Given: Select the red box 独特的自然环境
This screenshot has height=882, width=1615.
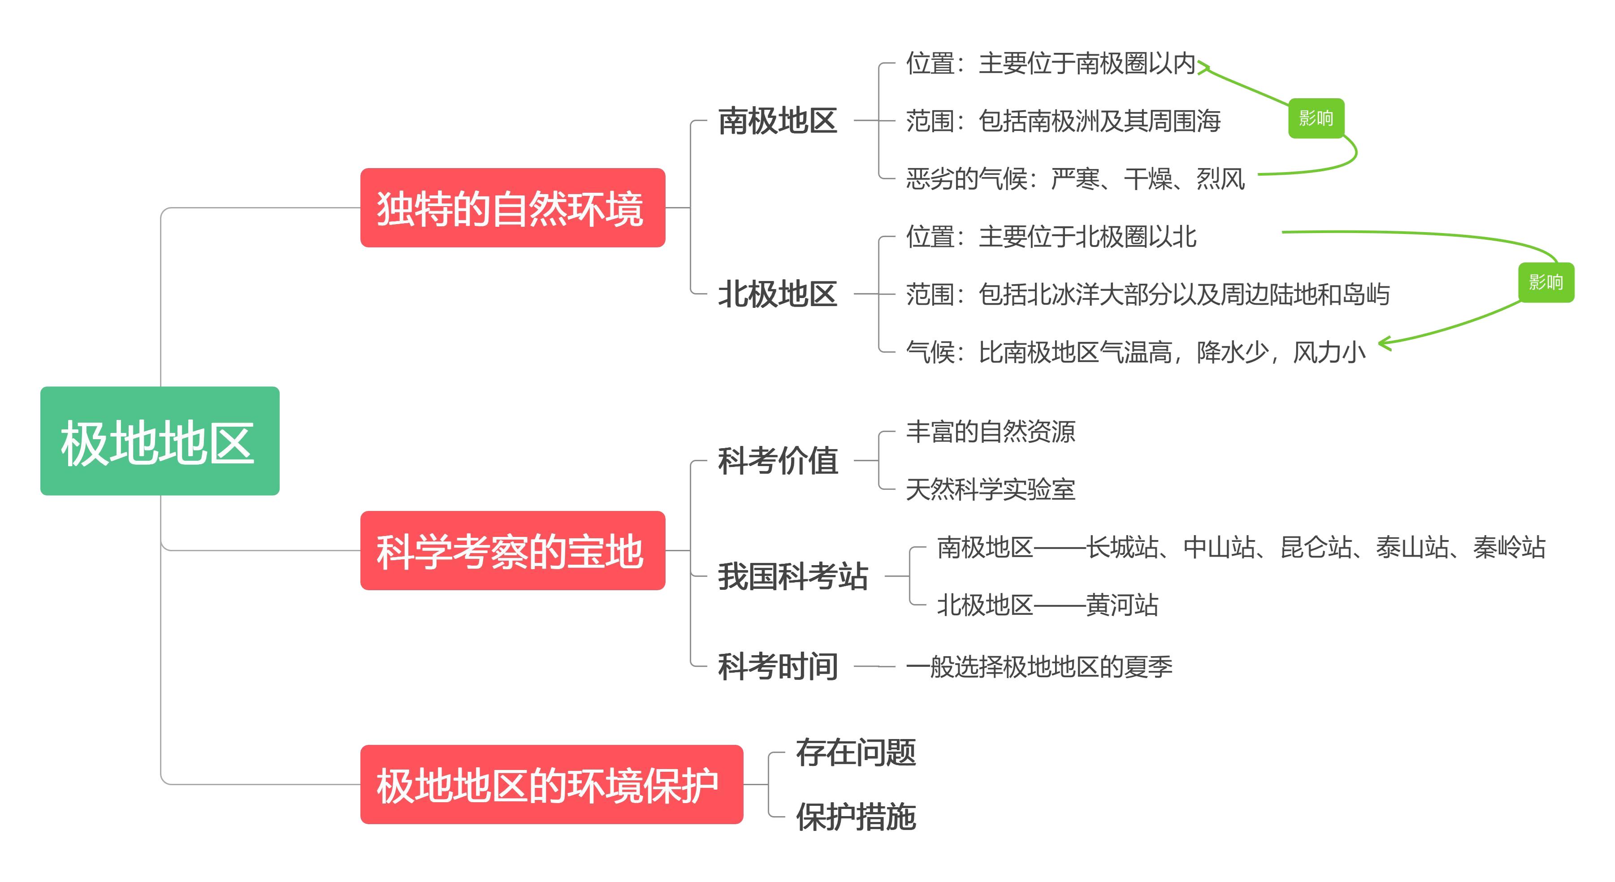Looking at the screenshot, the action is (x=513, y=208).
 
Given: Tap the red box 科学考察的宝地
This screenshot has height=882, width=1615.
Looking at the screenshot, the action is (x=513, y=550).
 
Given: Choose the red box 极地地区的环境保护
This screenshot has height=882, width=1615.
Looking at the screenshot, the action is (x=552, y=784).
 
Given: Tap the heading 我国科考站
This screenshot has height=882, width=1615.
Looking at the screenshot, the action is (x=792, y=576).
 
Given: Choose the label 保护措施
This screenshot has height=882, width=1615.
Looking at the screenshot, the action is (x=856, y=817).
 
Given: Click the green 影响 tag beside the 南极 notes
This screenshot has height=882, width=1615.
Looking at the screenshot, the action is (x=1316, y=118).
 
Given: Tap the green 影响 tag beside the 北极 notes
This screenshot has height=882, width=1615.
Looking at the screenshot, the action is (x=1546, y=282).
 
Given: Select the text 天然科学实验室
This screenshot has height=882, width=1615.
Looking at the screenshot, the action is (x=991, y=489).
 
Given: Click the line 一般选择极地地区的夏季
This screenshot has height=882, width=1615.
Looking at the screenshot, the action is (x=1039, y=666).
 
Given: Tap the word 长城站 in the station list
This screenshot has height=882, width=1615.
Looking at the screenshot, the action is (x=1122, y=547).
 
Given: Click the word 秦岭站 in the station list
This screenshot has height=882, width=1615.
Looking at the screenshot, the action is (x=1510, y=547).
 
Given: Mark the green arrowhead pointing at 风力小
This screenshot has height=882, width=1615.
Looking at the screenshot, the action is (x=1384, y=343).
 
